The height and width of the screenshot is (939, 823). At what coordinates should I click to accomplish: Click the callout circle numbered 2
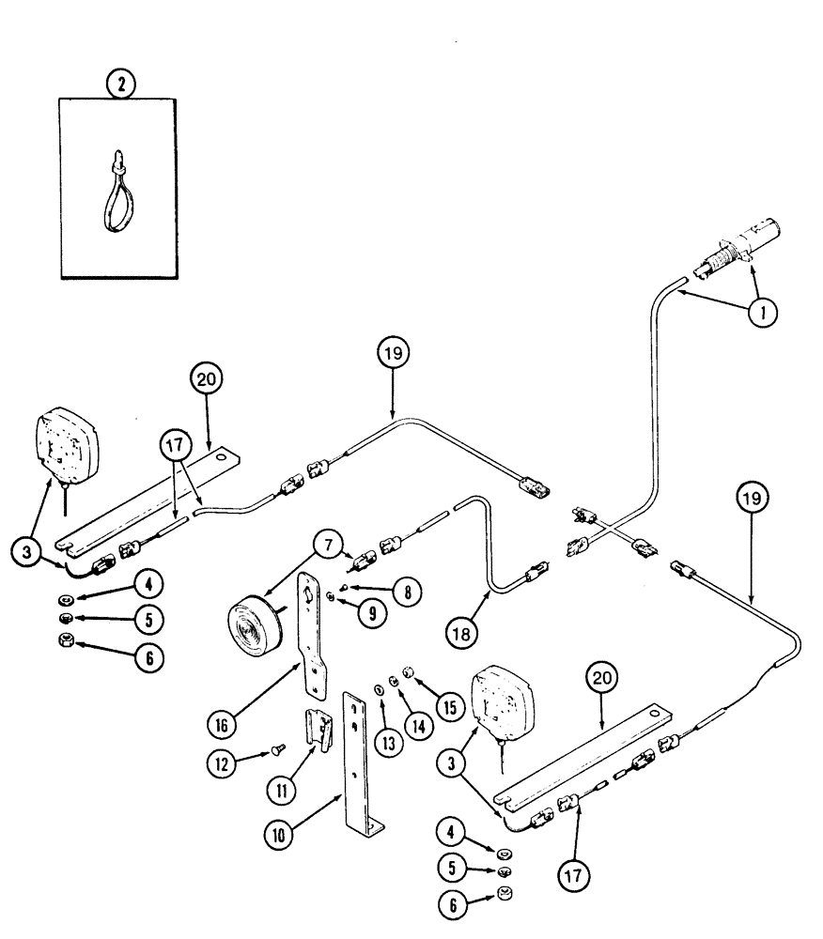point(120,85)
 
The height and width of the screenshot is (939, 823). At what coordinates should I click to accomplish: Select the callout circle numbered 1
point(762,312)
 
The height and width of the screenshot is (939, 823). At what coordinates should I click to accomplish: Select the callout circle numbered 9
point(349,613)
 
